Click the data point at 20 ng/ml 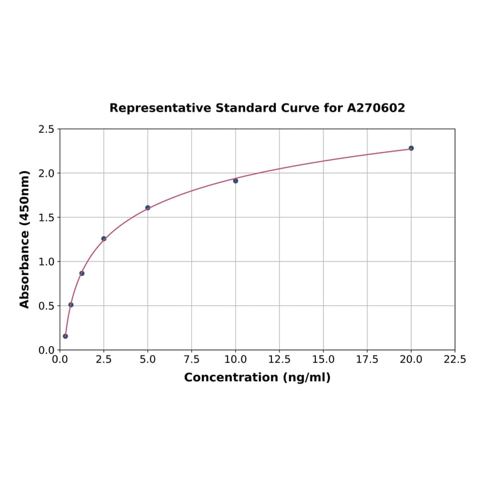point(411,148)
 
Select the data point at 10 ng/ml point(236,181)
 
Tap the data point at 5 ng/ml point(148,208)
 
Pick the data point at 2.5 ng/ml point(103,238)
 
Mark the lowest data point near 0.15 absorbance point(65,336)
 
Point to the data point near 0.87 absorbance point(82,273)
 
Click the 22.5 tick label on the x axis point(455,359)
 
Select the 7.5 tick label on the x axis point(191,359)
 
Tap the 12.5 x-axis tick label point(279,359)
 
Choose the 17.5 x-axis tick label point(367,359)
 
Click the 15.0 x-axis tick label point(323,359)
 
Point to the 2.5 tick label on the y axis point(47,129)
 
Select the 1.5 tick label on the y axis point(47,218)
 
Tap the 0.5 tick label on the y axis point(47,306)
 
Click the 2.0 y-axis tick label point(47,173)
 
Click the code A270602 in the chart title point(376,108)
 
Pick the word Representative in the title point(161,108)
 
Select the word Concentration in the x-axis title point(231,377)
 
